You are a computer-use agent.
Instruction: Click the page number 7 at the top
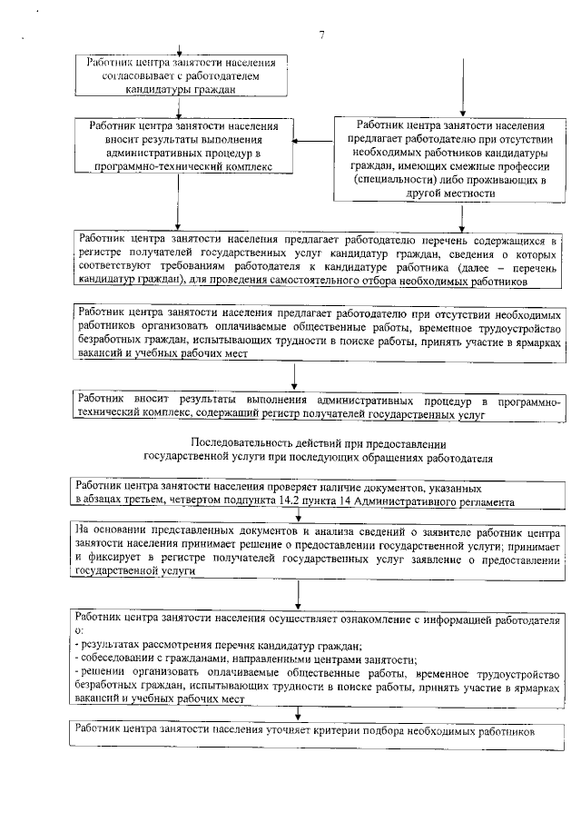pyautogui.click(x=321, y=35)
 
